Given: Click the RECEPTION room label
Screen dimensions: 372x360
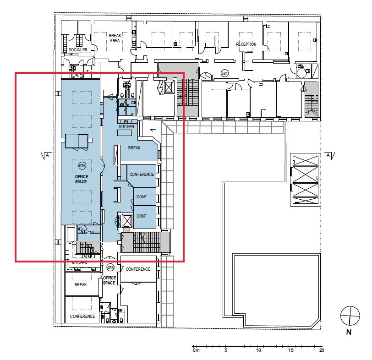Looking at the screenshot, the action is pyautogui.click(x=246, y=44).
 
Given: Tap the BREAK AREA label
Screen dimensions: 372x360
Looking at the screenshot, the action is pyautogui.click(x=115, y=38).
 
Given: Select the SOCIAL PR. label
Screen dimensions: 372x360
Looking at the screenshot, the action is pyautogui.click(x=78, y=50).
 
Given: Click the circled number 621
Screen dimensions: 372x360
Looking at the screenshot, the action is pyautogui.click(x=224, y=73).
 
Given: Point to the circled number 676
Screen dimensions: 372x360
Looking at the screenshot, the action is pyautogui.click(x=82, y=165).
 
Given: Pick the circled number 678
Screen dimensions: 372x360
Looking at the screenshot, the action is pyautogui.click(x=110, y=268).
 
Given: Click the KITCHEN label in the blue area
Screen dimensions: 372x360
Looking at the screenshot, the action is pyautogui.click(x=126, y=127).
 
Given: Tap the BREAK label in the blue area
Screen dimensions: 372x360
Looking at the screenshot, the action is pyautogui.click(x=134, y=148).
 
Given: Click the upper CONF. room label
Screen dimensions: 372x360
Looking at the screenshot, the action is pyautogui.click(x=142, y=197).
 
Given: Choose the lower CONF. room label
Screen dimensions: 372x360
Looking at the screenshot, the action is pyautogui.click(x=142, y=216).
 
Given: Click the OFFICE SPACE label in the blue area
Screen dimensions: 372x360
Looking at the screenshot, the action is pyautogui.click(x=82, y=179).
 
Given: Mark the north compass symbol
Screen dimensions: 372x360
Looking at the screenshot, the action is pyautogui.click(x=350, y=316).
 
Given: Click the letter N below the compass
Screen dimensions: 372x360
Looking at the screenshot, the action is pyautogui.click(x=349, y=332).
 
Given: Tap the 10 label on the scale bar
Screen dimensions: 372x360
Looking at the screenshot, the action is pyautogui.click(x=258, y=350).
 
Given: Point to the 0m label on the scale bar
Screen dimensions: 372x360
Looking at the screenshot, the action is pyautogui.click(x=196, y=350).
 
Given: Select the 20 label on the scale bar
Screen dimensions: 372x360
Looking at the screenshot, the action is pyautogui.click(x=322, y=350).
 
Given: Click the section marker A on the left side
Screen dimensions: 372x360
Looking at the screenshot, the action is pyautogui.click(x=46, y=156).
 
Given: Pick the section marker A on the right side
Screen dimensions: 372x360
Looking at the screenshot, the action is pyautogui.click(x=330, y=156).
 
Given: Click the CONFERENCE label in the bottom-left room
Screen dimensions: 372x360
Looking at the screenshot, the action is pyautogui.click(x=82, y=316).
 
